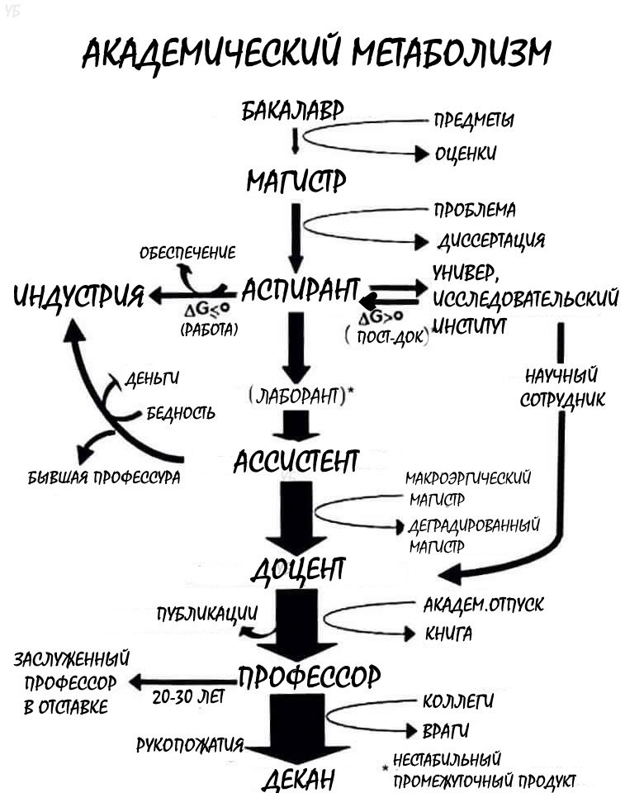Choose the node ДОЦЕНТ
298,569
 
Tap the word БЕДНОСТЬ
181,412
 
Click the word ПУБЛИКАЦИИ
208,615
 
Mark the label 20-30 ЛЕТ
188,696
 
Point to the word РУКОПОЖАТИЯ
190,745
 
